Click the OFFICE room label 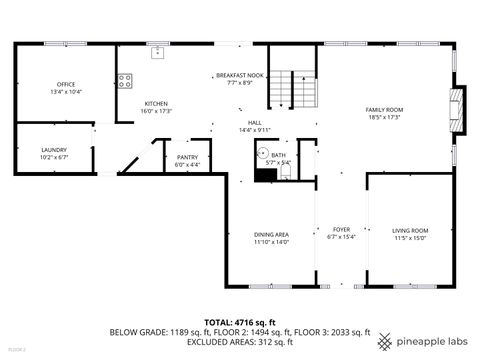click(x=66, y=84)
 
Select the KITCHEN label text click(x=156, y=103)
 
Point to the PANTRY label click(x=187, y=157)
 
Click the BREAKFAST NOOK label click(x=240, y=75)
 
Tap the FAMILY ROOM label click(x=383, y=110)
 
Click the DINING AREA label click(x=270, y=234)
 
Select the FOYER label click(x=341, y=230)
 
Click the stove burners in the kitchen click(x=125, y=81)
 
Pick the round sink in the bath click(x=264, y=154)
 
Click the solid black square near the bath click(x=265, y=175)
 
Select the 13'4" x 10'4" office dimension click(x=66, y=91)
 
